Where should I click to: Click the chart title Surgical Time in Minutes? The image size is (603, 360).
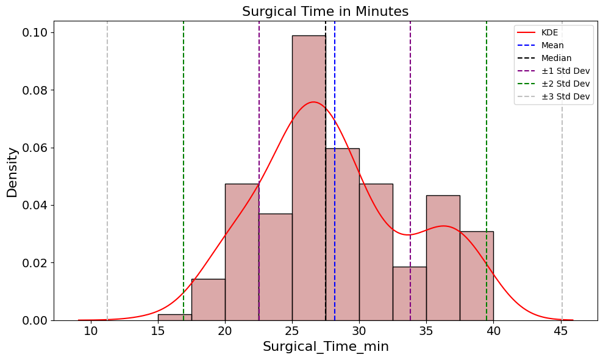325,12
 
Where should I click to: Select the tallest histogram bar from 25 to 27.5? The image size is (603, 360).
309,177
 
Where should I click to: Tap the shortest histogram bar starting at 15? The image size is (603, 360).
174,317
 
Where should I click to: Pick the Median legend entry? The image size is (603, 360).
556,58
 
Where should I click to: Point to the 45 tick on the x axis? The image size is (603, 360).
561,331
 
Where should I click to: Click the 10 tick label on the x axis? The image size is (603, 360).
91,331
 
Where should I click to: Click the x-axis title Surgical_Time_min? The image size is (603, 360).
326,347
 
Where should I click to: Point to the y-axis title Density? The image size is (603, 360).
12,172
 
